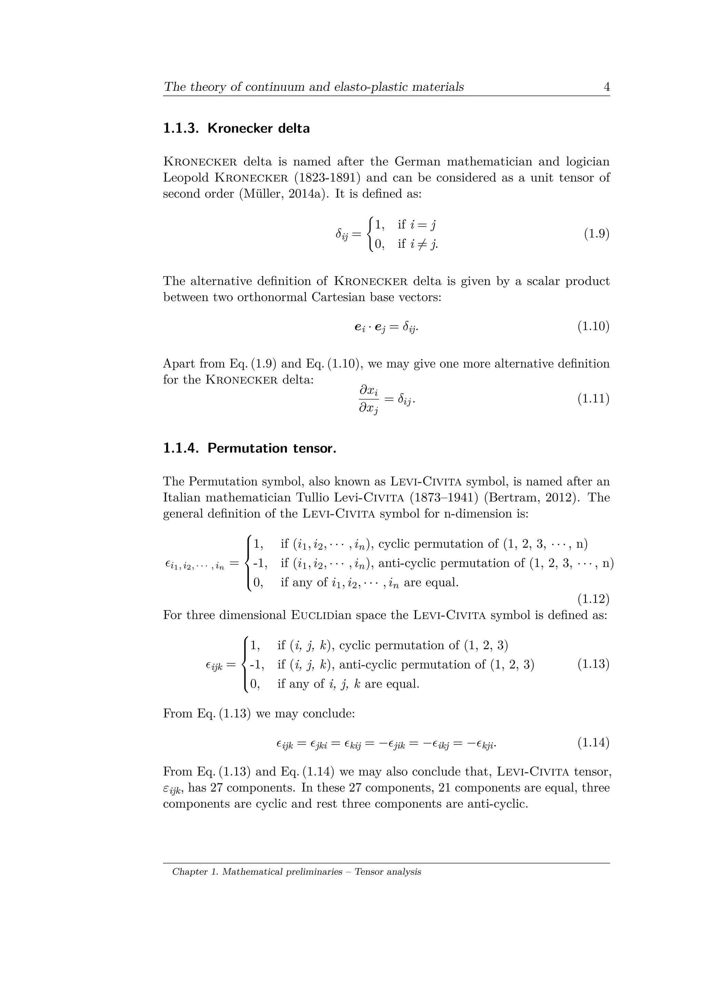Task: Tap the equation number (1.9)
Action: [x=596, y=234]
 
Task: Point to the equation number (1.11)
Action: [x=593, y=399]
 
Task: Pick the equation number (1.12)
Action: [x=593, y=599]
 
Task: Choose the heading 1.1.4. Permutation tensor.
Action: [x=250, y=449]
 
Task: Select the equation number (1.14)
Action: [x=593, y=742]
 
